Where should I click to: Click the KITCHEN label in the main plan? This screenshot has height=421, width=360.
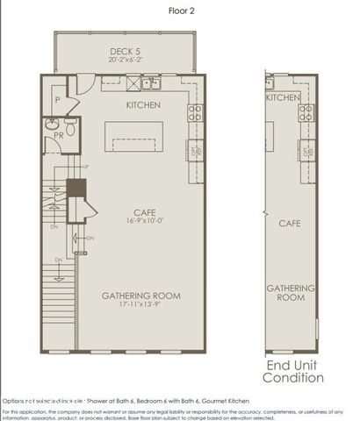coord(144,104)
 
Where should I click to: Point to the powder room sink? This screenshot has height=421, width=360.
coord(52,124)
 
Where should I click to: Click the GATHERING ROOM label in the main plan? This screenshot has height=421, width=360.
coord(141,296)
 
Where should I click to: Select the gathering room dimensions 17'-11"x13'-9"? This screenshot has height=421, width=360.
coord(141,306)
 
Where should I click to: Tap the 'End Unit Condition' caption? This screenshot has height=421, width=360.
coord(294,371)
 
